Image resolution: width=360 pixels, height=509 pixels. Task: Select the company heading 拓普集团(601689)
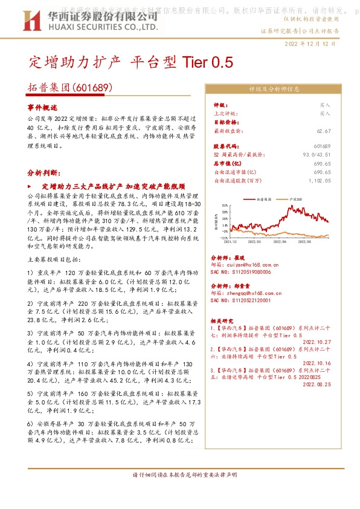tap(71, 88)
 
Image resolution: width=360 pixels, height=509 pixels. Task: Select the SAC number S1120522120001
tap(240, 300)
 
